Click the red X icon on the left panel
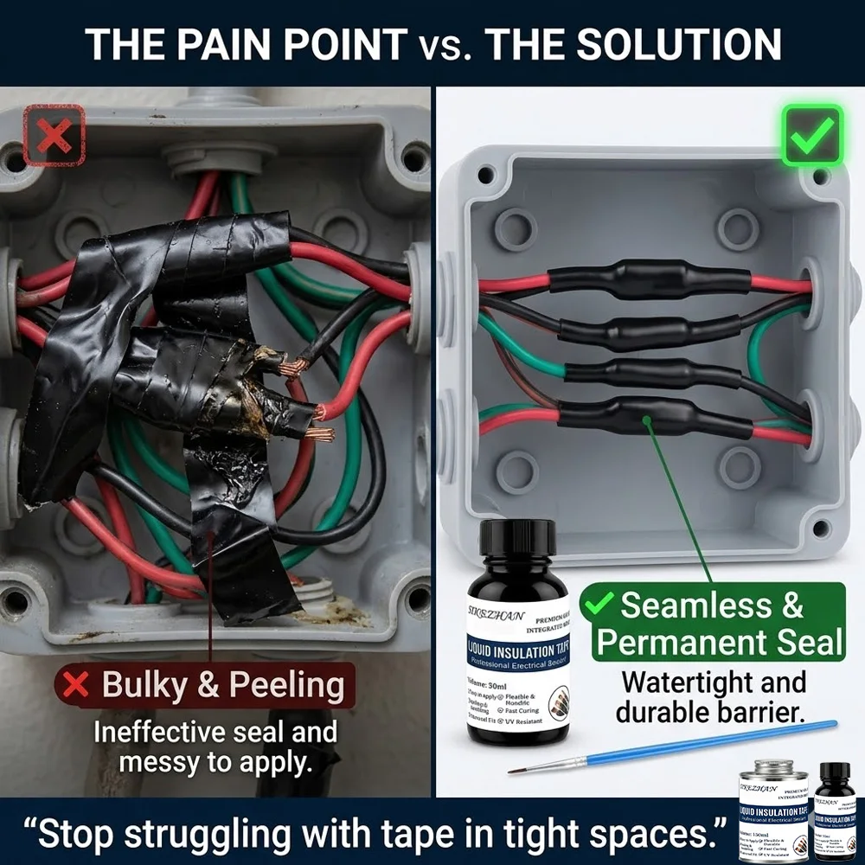54,135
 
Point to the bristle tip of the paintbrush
519,769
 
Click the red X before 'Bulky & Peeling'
77,686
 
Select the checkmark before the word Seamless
600,606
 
